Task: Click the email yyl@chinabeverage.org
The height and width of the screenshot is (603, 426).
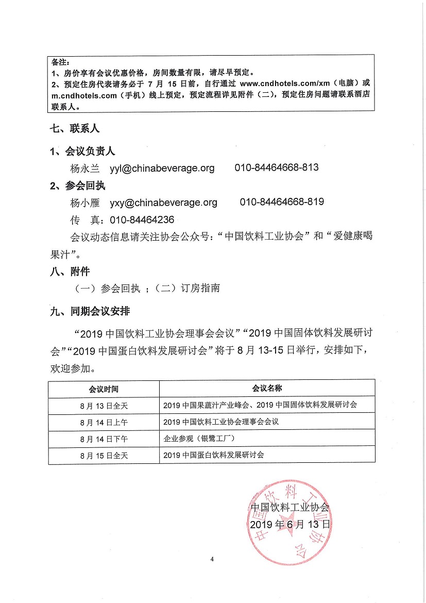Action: (162, 168)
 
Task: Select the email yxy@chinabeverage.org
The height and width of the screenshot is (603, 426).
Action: (164, 203)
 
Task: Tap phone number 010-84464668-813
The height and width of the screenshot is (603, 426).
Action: (277, 168)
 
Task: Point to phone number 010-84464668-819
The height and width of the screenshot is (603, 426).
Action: (282, 202)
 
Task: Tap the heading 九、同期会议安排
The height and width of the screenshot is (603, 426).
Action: (90, 311)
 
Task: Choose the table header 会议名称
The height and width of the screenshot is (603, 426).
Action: (267, 388)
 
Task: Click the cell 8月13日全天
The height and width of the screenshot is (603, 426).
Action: (104, 406)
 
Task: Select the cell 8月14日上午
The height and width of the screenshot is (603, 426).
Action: (104, 422)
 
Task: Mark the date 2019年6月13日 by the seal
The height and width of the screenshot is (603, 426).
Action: (289, 525)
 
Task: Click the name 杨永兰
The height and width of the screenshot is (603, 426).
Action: (84, 169)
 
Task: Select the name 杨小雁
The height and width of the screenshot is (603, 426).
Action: (84, 203)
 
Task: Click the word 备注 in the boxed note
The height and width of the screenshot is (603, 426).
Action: (60, 62)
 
